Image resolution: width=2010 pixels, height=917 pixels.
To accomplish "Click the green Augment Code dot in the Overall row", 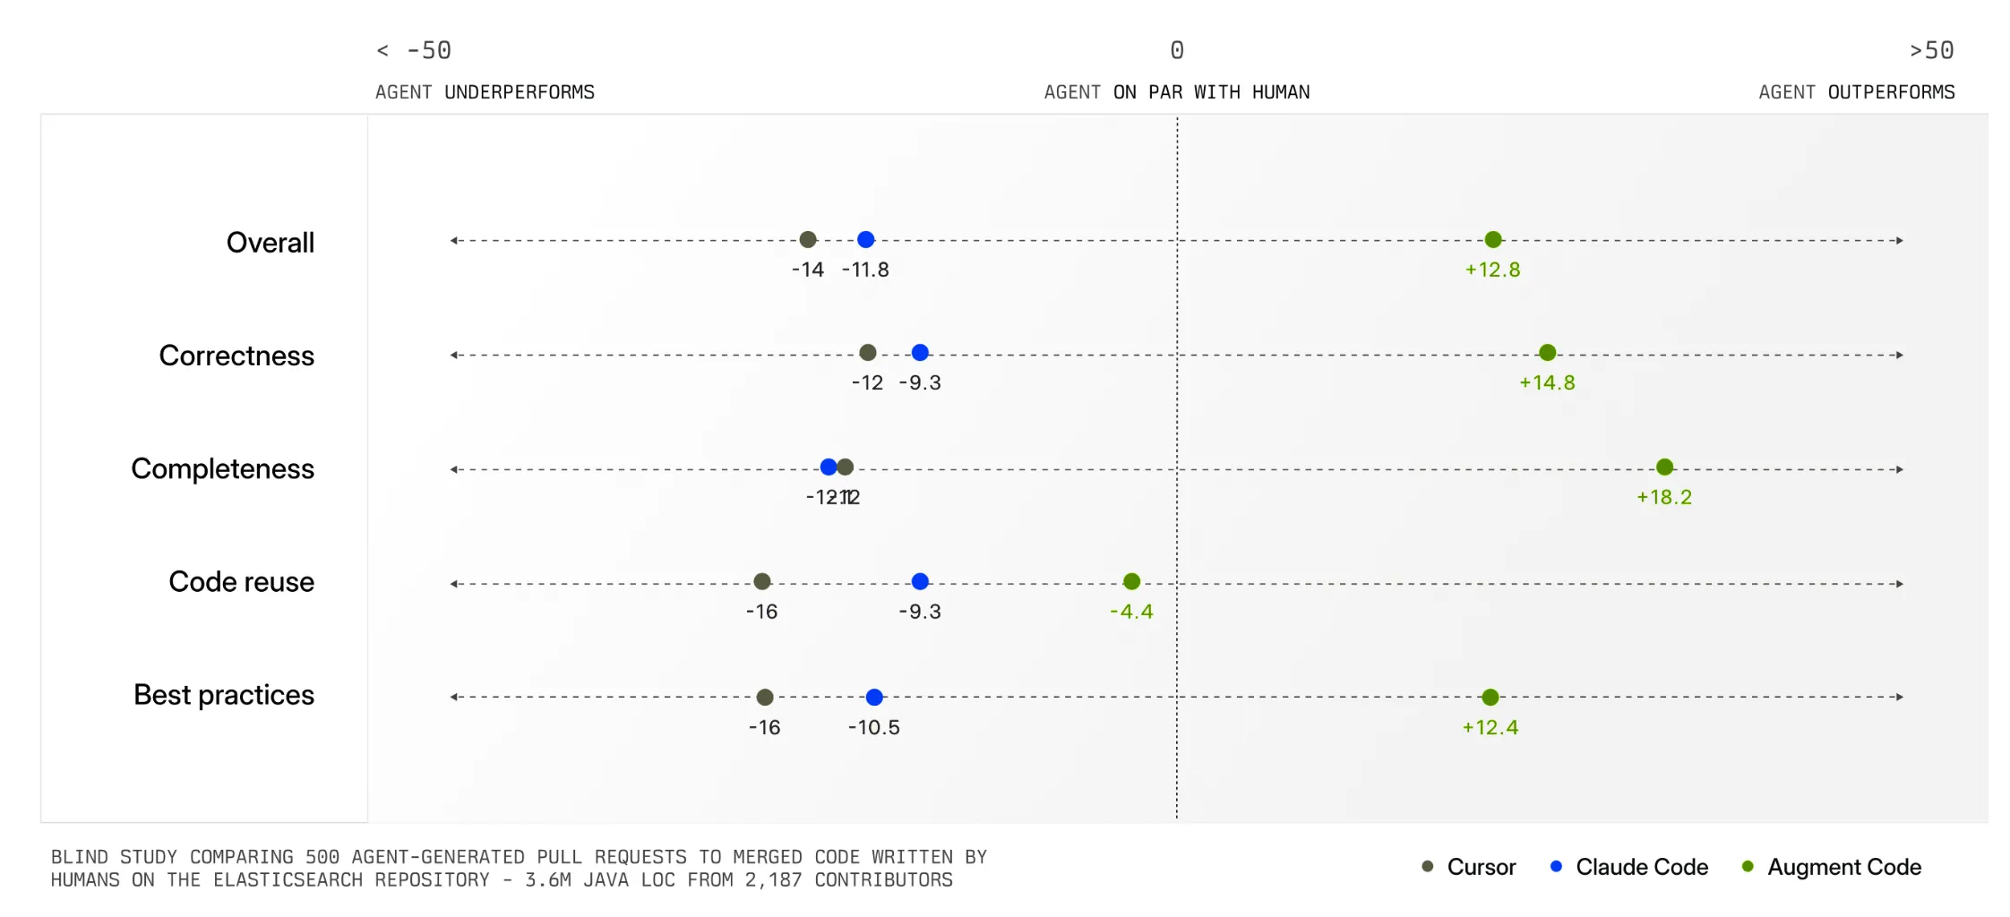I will [1492, 239].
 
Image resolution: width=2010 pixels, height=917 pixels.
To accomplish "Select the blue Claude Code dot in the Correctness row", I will [920, 353].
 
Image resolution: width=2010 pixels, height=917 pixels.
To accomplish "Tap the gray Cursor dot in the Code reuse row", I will [762, 582].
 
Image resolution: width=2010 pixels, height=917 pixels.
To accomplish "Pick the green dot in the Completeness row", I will [1664, 467].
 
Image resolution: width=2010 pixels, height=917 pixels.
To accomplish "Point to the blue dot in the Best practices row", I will [874, 697].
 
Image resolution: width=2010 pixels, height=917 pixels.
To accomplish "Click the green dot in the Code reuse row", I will [1131, 582].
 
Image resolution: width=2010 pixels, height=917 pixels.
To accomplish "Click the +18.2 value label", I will [1664, 497].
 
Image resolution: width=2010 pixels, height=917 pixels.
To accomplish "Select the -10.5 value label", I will [874, 727].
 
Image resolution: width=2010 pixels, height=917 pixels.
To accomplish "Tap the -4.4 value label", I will [1131, 612].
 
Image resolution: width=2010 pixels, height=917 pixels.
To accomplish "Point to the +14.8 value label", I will [1547, 382].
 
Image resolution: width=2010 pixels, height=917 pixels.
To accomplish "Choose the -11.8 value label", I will [865, 270].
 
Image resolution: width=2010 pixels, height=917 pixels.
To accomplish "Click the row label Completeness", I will [222, 468].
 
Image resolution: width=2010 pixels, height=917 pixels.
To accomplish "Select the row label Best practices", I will [224, 695].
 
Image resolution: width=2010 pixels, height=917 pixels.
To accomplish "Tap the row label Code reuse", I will [241, 582].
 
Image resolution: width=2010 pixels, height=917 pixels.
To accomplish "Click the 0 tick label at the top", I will [1177, 50].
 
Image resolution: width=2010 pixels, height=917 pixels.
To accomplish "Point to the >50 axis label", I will [1931, 50].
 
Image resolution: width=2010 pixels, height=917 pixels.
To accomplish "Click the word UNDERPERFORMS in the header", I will [520, 92].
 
